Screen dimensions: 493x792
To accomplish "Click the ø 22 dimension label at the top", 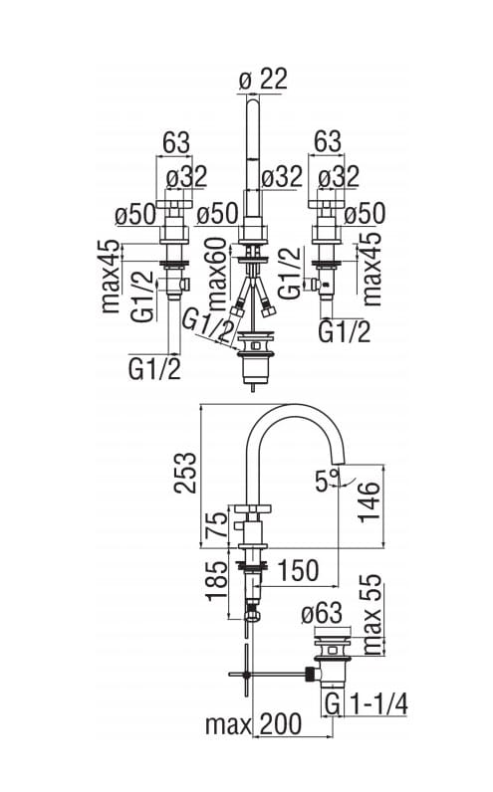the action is pyautogui.click(x=263, y=79).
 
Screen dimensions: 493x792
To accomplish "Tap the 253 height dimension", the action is pyautogui.click(x=184, y=473).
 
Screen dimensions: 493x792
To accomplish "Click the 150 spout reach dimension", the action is pyautogui.click(x=298, y=570).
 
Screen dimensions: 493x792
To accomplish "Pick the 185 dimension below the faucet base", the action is pyautogui.click(x=218, y=580).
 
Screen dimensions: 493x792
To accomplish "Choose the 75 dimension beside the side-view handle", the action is pyautogui.click(x=217, y=525).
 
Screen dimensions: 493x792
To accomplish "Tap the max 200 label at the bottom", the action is pyautogui.click(x=254, y=724).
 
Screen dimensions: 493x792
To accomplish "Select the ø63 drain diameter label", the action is pyautogui.click(x=322, y=614).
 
